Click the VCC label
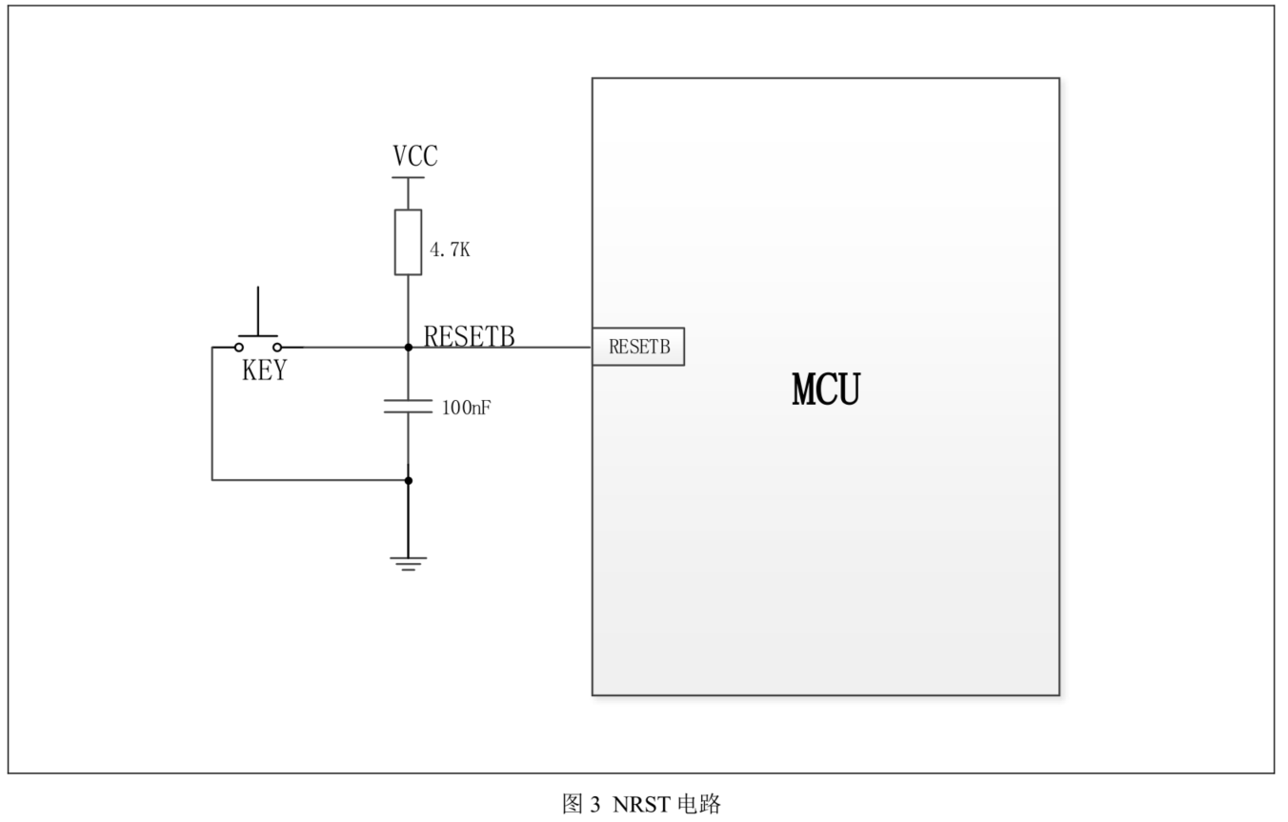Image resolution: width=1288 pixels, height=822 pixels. (415, 156)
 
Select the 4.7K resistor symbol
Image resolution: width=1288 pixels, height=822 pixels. (409, 242)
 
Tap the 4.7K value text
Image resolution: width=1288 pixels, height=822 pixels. (450, 250)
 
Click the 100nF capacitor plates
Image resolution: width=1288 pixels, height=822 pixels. (409, 407)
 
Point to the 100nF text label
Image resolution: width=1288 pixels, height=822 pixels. (467, 409)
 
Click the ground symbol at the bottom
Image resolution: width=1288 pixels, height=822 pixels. (409, 563)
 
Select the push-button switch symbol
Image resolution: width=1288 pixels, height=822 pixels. (257, 338)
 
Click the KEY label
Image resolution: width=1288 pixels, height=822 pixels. (264, 371)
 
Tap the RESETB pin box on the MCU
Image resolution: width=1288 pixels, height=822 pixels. (638, 348)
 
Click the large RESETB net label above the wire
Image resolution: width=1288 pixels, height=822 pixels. (470, 336)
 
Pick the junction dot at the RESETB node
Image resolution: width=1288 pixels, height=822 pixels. (409, 348)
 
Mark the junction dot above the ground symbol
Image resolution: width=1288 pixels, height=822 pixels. (409, 480)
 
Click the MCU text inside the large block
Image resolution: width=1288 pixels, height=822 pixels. (826, 390)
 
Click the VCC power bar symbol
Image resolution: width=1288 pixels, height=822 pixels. (409, 177)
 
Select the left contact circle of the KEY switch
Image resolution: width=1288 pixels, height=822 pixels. (239, 348)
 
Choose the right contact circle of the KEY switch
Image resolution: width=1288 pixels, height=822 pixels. (277, 348)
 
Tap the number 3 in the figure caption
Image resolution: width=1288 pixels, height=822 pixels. (595, 805)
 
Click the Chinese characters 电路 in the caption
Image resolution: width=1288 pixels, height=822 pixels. (698, 805)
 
